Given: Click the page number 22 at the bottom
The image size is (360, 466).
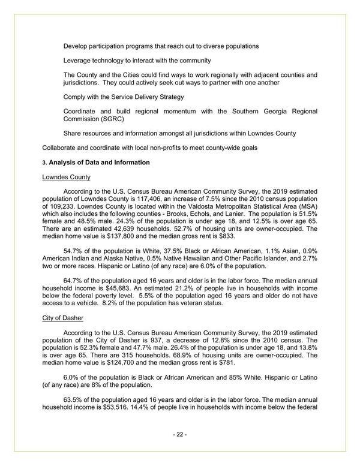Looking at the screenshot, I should coord(180,434).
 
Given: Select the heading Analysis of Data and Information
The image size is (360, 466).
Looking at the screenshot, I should coord(98,163).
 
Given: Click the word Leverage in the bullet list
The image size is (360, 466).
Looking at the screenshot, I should coord(79,61).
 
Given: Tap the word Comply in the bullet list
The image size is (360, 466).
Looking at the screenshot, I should coord(76,97).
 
